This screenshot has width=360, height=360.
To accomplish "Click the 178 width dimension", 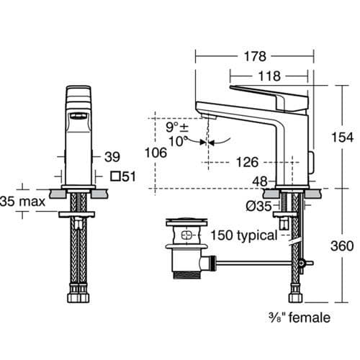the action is [255, 56].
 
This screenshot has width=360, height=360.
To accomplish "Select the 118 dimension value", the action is [269, 76].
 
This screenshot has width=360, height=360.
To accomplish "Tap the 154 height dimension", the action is [342, 138].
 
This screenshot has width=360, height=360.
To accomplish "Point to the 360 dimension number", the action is [342, 246].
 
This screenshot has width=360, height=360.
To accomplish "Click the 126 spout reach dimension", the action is [247, 162].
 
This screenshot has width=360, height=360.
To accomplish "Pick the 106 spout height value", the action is [156, 153].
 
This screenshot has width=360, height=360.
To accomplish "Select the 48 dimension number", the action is [260, 181].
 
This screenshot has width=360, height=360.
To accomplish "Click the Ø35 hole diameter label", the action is [258, 206].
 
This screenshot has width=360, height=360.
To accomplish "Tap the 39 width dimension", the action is [112, 157].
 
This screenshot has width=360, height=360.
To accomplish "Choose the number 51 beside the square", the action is [129, 176].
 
